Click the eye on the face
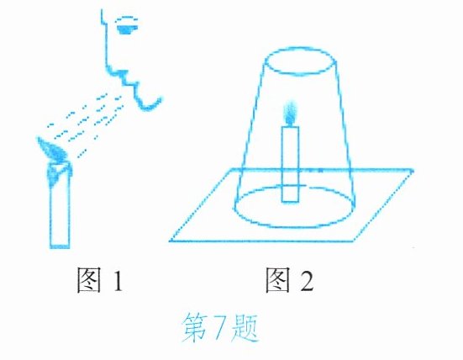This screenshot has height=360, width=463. tap(128, 29)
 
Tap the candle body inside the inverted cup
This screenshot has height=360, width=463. tap(290, 164)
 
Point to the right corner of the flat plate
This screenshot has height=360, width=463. tap(413, 170)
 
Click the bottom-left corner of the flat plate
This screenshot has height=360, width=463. tap(170, 241)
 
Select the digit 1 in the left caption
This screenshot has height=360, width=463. tap(118, 280)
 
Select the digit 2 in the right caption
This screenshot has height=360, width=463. tap(307, 280)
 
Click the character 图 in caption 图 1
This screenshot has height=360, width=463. tap(88, 279)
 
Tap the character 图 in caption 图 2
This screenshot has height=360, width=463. tap(277, 279)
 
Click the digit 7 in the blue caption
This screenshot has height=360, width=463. tap(218, 327)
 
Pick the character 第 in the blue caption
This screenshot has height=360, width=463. tap(194, 327)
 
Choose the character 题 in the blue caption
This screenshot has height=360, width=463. tap(245, 328)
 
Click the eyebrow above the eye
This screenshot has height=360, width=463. tap(127, 19)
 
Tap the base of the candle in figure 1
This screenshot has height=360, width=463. tap(60, 246)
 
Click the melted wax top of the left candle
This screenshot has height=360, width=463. tap(59, 170)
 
